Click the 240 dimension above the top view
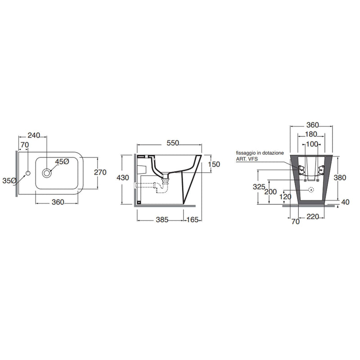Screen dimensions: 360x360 34,135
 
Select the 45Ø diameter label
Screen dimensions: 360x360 62,162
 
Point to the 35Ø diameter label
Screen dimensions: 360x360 9,181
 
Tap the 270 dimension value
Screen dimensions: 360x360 100,172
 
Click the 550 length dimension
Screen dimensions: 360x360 173,143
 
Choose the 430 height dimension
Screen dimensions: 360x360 123,177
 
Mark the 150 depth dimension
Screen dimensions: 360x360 214,164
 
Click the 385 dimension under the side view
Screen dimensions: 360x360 162,220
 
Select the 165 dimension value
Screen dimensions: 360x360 192,220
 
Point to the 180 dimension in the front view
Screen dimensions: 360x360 311,134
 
